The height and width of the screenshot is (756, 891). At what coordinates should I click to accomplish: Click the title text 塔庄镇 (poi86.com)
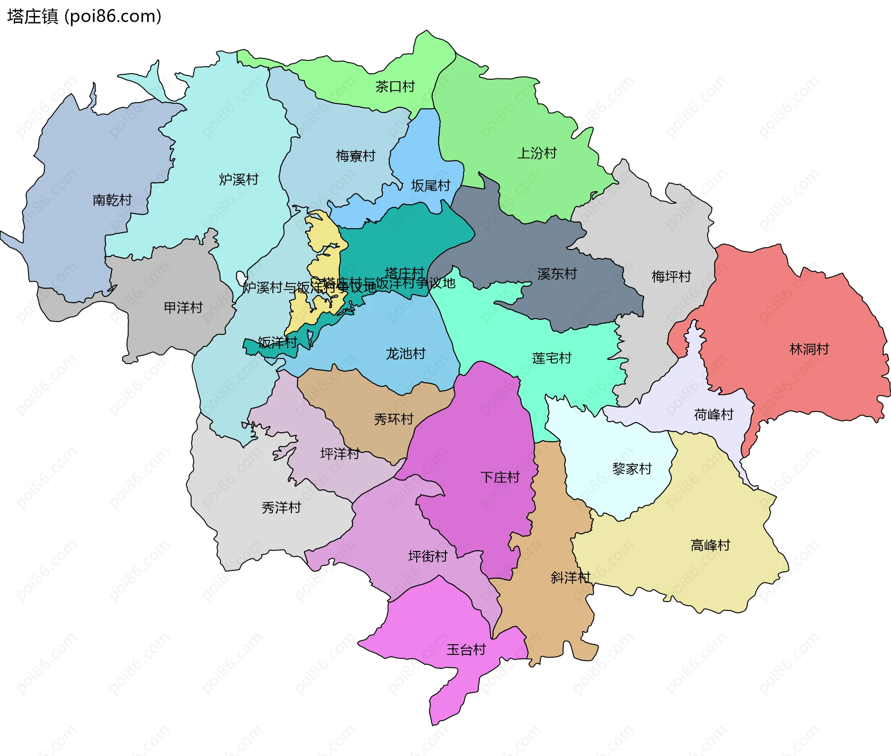pos(84,17)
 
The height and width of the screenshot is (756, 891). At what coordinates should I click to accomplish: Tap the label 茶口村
pos(394,87)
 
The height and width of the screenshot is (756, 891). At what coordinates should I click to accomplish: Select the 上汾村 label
pos(536,153)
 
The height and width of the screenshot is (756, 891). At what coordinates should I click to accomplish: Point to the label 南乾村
pos(112,200)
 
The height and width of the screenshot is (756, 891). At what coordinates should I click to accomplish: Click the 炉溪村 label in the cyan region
pos(239,179)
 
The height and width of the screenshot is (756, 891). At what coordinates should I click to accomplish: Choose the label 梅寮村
pos(355,156)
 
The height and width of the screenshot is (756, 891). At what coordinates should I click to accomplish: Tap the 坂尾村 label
pos(430,186)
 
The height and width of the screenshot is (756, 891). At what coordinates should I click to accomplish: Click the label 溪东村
pos(557,274)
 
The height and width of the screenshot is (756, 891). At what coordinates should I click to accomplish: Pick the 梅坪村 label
pos(671,277)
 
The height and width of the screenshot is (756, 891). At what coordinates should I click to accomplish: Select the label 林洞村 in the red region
pos(809,349)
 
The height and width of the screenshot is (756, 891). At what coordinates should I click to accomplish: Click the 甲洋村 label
pos(183,308)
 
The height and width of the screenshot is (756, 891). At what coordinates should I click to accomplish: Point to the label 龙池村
pos(406,354)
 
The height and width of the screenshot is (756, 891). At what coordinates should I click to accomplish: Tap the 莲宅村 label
pos(551,358)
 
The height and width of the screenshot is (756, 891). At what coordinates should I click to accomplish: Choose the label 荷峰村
pos(713,415)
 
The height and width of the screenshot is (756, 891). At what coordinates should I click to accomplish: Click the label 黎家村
pos(632,469)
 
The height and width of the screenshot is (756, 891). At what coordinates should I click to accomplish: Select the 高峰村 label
pos(710,545)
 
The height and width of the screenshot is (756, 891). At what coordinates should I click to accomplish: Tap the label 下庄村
pos(500,477)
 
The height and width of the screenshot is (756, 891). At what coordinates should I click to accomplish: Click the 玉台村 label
pos(466,650)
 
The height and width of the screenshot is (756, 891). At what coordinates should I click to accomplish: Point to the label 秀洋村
pos(281,508)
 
